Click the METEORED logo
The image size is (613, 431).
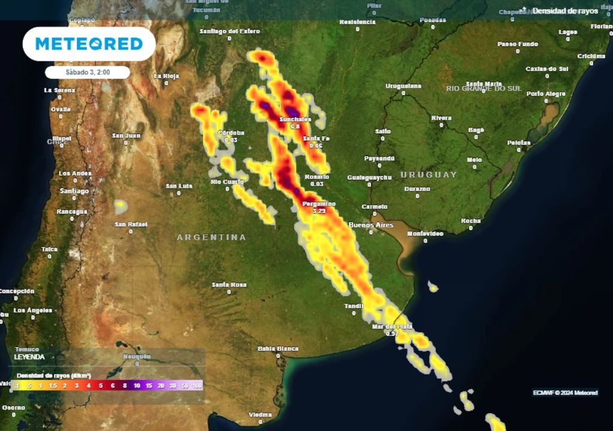click(x=89, y=44)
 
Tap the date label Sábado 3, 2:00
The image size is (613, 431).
click(x=88, y=72)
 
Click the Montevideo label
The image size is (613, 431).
click(x=425, y=233)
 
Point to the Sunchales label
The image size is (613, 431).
click(x=295, y=120)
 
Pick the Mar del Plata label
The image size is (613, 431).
click(x=392, y=326)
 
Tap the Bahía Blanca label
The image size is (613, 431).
click(x=278, y=348)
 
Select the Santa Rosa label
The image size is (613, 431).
click(x=229, y=285)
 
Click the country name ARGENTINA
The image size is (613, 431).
click(x=211, y=238)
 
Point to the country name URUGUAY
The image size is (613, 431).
click(x=429, y=175)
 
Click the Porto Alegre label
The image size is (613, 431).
click(x=546, y=94)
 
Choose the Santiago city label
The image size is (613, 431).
click(x=74, y=191)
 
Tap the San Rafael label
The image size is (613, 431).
click(x=131, y=224)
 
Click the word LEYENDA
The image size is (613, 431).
click(x=29, y=357)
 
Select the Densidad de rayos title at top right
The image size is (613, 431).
click(x=565, y=11)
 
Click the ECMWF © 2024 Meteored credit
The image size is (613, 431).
click(x=565, y=393)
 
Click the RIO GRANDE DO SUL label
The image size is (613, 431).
click(x=484, y=89)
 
